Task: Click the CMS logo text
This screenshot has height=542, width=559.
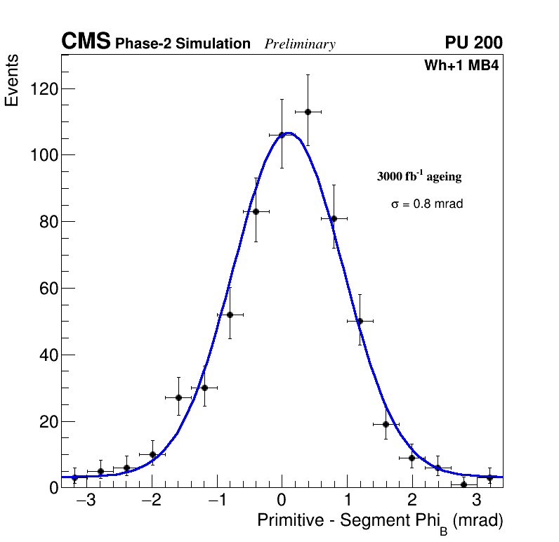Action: pyautogui.click(x=86, y=42)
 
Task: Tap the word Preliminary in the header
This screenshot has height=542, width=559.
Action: pyautogui.click(x=300, y=44)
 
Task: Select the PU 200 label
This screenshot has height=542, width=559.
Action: pyautogui.click(x=473, y=43)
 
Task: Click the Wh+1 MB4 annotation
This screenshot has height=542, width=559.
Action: pyautogui.click(x=461, y=66)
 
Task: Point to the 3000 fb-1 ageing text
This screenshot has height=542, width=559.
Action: pyautogui.click(x=419, y=176)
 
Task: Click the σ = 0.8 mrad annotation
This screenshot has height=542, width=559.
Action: pyautogui.click(x=427, y=204)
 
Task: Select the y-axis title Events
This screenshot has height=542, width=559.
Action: pyautogui.click(x=12, y=81)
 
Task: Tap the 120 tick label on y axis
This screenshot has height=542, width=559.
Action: pyautogui.click(x=43, y=89)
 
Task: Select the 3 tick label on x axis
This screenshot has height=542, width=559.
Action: pyautogui.click(x=476, y=501)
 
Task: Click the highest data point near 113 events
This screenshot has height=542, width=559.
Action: pyautogui.click(x=308, y=112)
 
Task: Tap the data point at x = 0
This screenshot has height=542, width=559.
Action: pyautogui.click(x=282, y=135)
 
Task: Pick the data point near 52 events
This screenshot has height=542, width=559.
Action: pyautogui.click(x=230, y=315)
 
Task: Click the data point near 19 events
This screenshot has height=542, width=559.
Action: pyautogui.click(x=386, y=424)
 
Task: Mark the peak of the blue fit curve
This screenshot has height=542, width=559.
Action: pyautogui.click(x=288, y=133)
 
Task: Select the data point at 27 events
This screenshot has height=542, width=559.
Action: pyautogui.click(x=178, y=397)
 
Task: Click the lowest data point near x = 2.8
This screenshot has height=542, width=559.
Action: pyautogui.click(x=463, y=484)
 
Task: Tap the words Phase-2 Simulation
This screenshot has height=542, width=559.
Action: pyautogui.click(x=183, y=44)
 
